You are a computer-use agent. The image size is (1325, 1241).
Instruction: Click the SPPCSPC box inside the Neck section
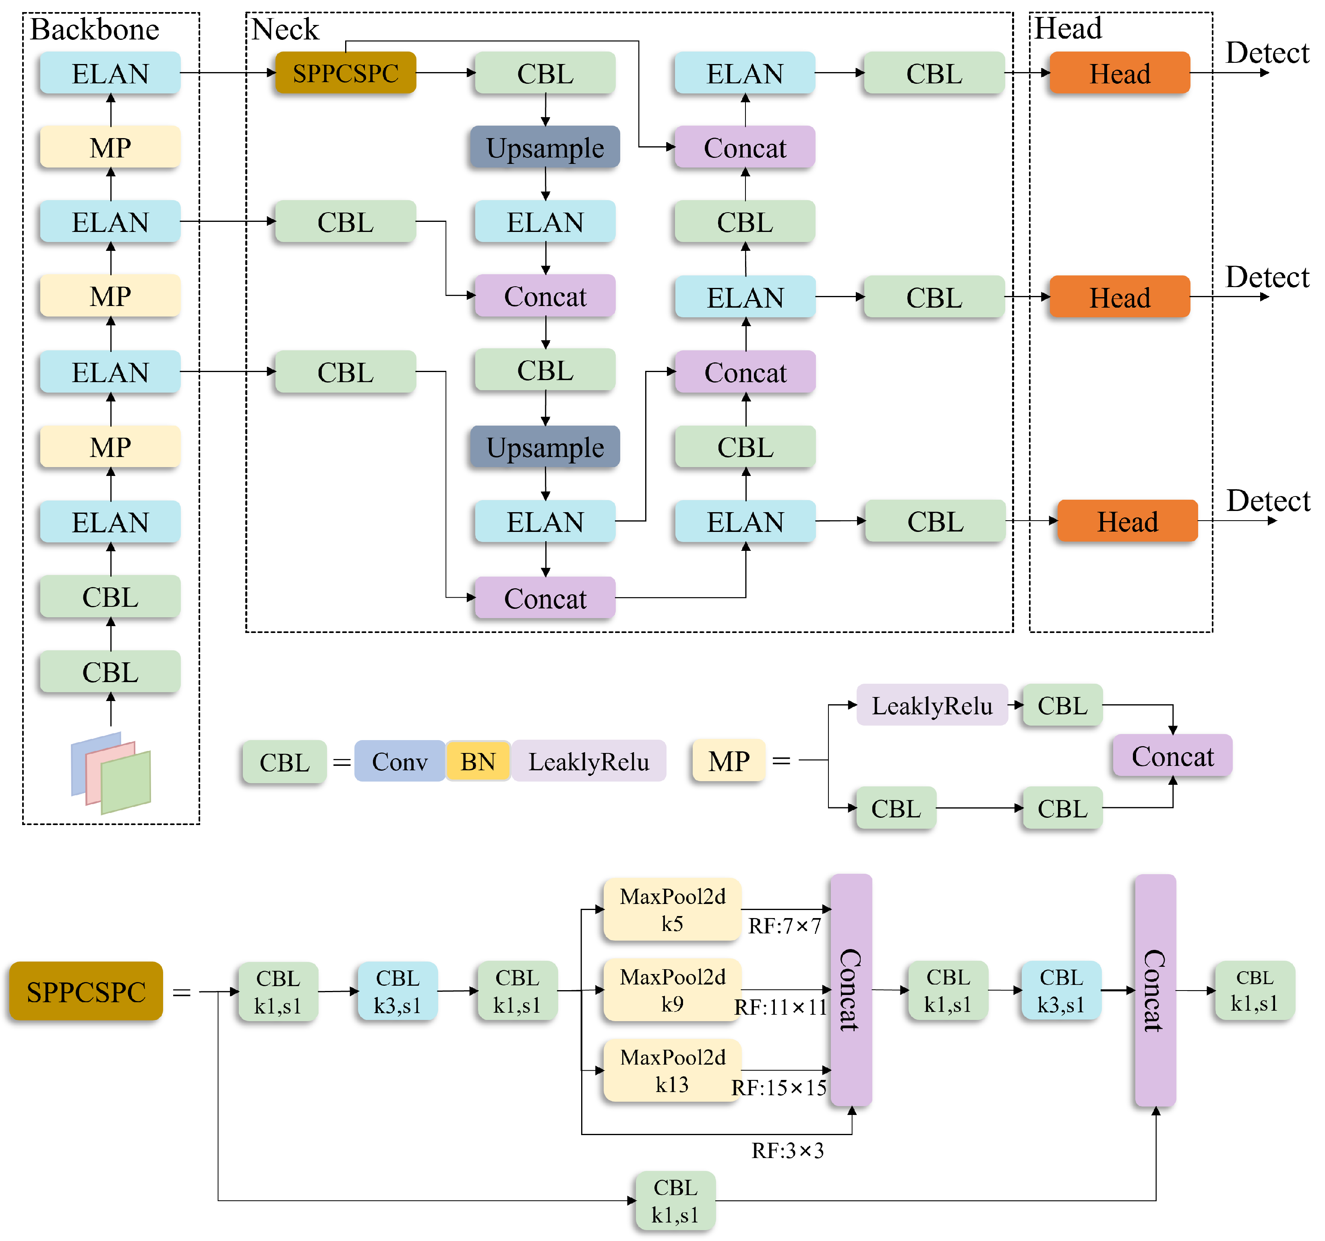[345, 72]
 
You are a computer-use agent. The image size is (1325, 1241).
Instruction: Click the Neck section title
[285, 29]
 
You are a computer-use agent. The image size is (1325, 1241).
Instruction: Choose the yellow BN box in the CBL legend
[478, 761]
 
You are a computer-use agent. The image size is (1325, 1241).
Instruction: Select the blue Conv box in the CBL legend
[399, 761]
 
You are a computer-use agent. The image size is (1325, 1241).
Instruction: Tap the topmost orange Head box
[1119, 73]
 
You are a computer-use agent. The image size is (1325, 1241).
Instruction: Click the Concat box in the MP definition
[1172, 756]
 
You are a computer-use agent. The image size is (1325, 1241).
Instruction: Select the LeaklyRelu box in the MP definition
[932, 705]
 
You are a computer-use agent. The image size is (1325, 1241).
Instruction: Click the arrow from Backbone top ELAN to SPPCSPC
[227, 72]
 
